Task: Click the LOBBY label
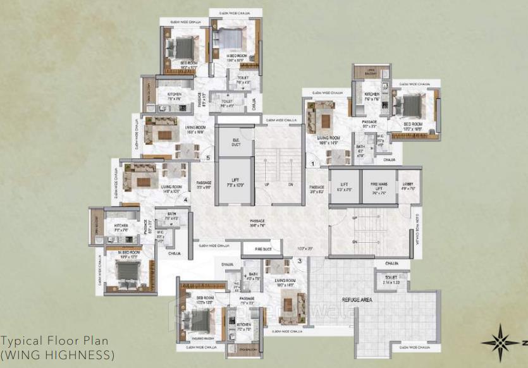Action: click(x=408, y=185)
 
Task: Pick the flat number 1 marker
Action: click(x=312, y=163)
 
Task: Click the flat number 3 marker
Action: click(x=300, y=259)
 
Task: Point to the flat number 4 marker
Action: click(x=185, y=200)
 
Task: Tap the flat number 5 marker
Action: click(x=208, y=158)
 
